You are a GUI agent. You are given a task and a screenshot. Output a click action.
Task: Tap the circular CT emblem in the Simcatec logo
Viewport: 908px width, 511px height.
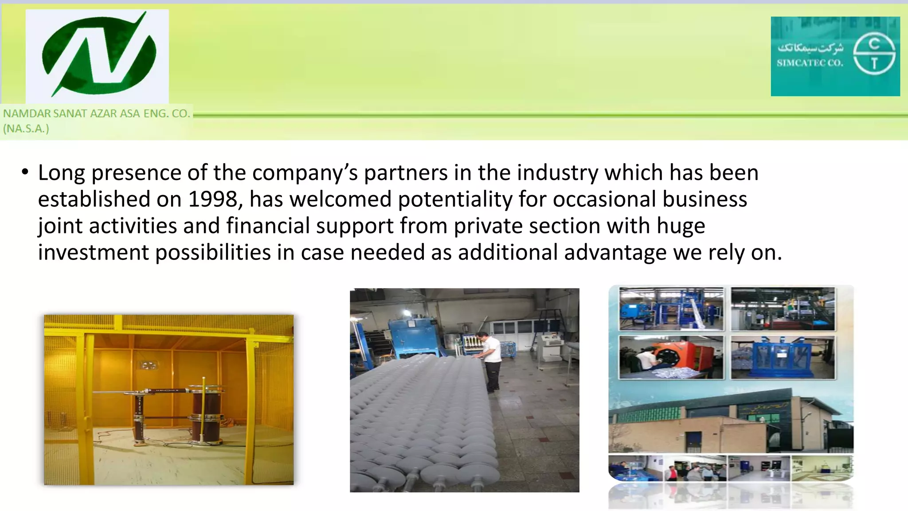(x=874, y=55)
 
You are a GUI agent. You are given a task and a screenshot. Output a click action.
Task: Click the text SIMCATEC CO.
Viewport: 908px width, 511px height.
(x=810, y=63)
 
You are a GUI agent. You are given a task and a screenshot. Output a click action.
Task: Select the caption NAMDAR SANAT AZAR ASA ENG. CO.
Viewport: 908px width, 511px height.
(x=97, y=114)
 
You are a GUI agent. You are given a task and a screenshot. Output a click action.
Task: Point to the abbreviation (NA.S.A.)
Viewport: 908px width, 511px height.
(x=26, y=129)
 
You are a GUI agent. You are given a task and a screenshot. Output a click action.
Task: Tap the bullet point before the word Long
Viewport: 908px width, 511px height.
(x=25, y=172)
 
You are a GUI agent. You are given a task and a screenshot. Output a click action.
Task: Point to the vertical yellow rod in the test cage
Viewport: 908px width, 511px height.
(x=204, y=408)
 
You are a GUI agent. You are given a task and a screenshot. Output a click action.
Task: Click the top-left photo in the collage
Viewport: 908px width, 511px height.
(x=671, y=309)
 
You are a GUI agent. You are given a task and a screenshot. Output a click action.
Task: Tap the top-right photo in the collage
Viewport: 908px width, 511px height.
(x=783, y=309)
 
